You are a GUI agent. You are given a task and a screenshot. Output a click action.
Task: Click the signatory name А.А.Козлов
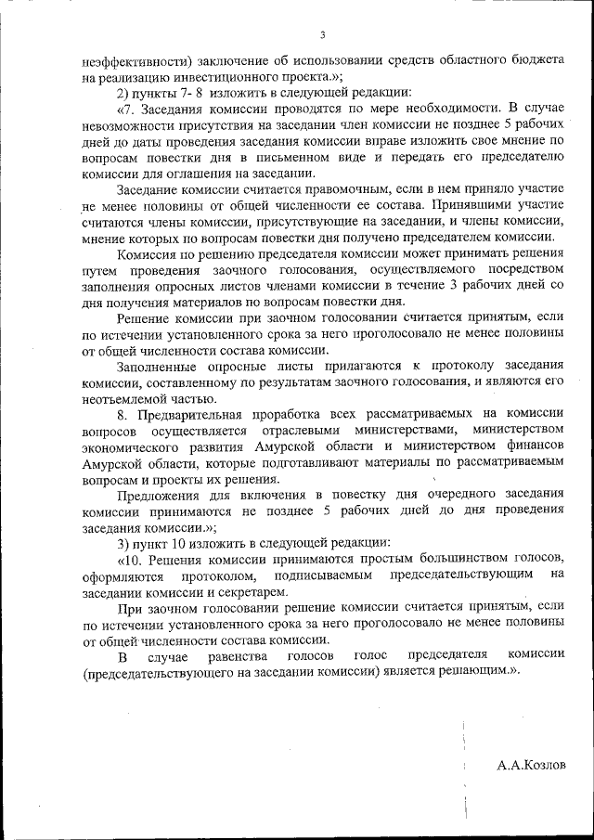[x=530, y=766]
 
